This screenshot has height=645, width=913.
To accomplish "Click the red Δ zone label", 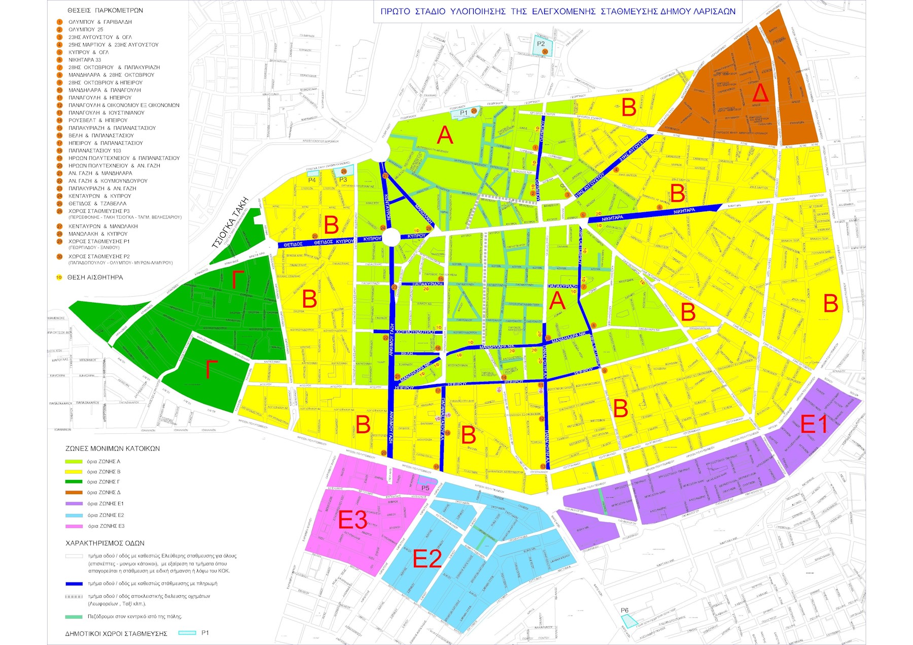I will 759,93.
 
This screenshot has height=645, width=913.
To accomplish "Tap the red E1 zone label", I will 814,424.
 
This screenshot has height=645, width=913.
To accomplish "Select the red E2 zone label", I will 427,559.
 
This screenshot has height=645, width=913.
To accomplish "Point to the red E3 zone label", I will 353,520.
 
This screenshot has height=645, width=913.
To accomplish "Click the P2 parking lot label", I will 541,44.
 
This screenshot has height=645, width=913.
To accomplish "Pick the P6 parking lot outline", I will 629,621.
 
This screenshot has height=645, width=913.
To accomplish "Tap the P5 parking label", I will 425,488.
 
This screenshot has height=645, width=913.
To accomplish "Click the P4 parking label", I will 312,180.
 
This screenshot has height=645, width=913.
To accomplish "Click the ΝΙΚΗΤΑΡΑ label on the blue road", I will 684,211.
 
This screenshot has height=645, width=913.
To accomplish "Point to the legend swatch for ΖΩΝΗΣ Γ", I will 74,482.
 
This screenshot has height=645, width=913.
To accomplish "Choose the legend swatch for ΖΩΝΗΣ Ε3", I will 74,526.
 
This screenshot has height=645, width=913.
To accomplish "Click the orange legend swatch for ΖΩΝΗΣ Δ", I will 74,493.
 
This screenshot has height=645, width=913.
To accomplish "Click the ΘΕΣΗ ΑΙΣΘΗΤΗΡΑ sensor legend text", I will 95,277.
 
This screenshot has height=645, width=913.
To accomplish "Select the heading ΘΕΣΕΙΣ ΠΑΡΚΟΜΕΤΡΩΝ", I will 105,10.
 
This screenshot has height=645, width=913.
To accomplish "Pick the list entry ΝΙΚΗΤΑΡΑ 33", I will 85,60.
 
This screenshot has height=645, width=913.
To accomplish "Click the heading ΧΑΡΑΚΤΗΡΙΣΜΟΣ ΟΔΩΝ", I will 105,543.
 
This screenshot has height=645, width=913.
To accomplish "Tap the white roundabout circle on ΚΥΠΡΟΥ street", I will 391,238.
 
